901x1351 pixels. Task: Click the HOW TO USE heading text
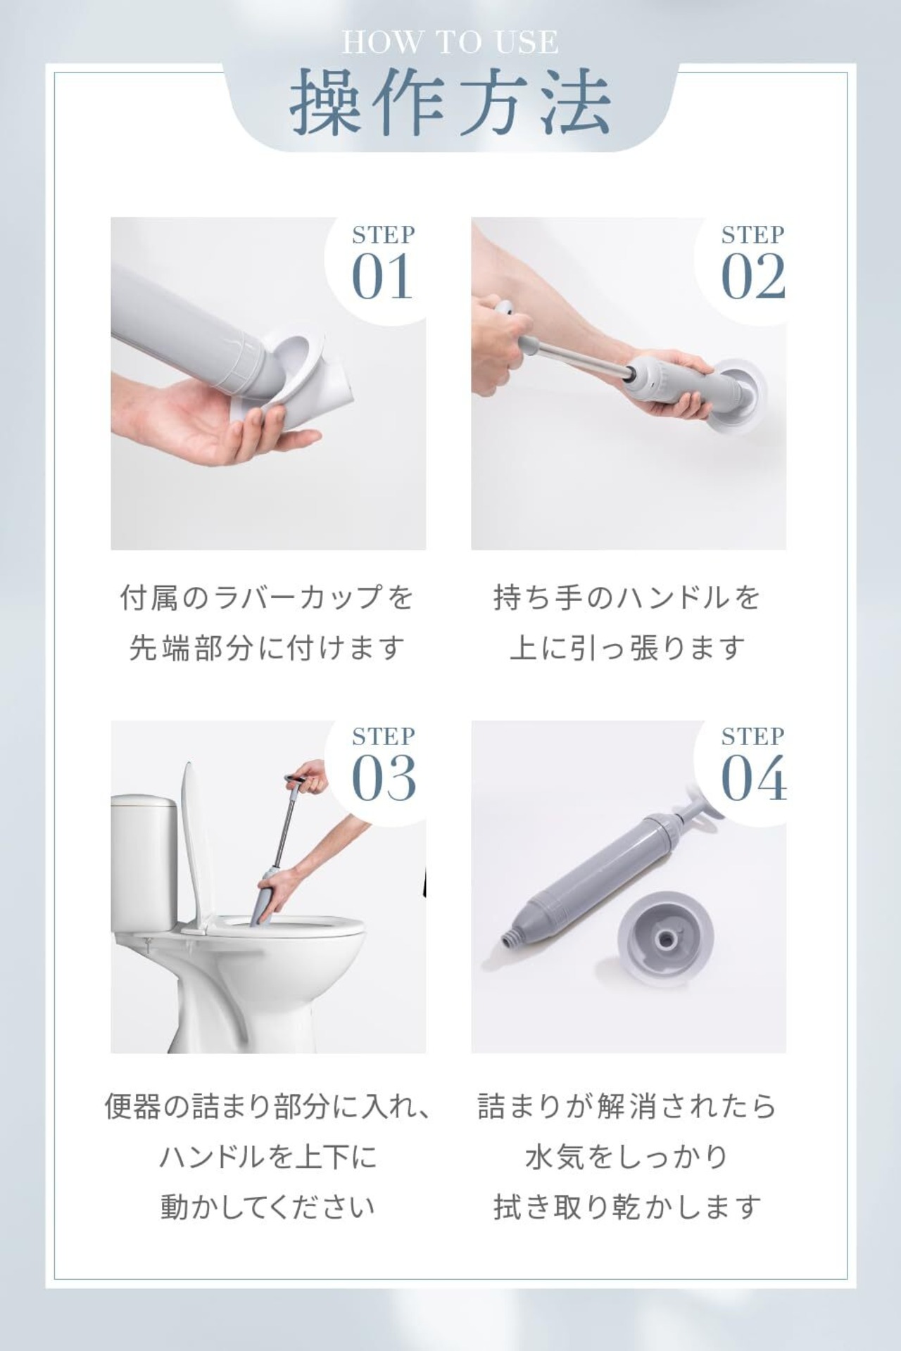pyautogui.click(x=450, y=42)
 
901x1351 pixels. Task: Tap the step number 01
pyautogui.click(x=382, y=277)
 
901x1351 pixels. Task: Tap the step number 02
pyautogui.click(x=753, y=277)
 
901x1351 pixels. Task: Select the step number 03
pyautogui.click(x=384, y=778)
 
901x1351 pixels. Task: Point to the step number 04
pyautogui.click(x=754, y=778)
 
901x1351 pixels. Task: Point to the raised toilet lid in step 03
pyautogui.click(x=199, y=844)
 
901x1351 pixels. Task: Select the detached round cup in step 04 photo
pyautogui.click(x=666, y=937)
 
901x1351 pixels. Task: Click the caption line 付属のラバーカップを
pyautogui.click(x=267, y=598)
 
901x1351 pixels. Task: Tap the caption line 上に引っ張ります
pyautogui.click(x=627, y=648)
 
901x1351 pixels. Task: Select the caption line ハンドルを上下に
pyautogui.click(x=268, y=1157)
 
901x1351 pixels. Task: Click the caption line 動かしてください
pyautogui.click(x=268, y=1207)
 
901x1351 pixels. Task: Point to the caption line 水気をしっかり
pyautogui.click(x=627, y=1157)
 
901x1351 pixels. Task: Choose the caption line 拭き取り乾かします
pyautogui.click(x=627, y=1207)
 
